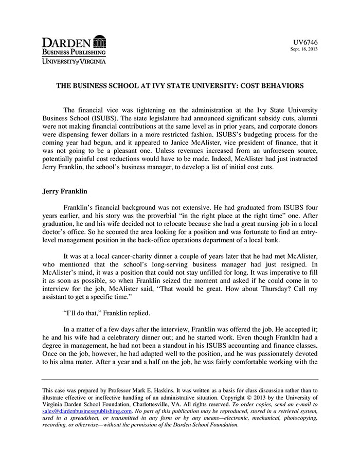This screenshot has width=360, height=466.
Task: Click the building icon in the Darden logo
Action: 100,42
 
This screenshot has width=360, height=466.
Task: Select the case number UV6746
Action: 305,42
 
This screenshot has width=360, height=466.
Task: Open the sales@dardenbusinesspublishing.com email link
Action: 87,411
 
